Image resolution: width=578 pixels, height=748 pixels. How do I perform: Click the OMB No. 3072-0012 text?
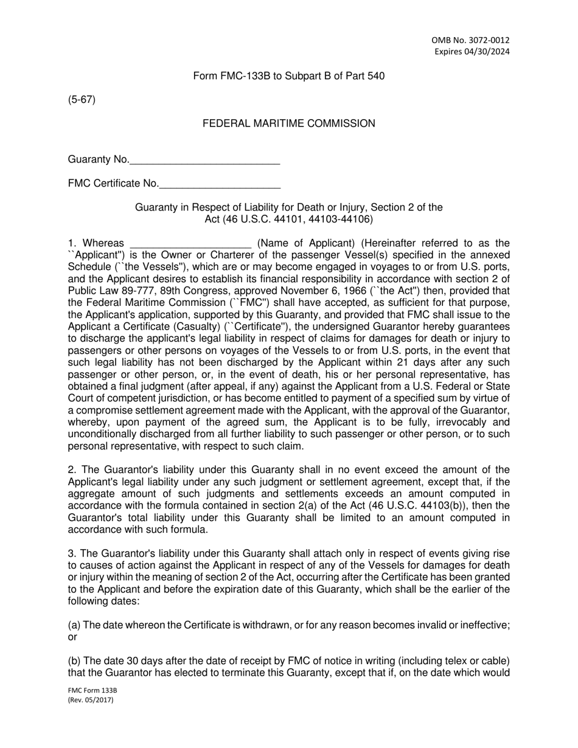471,40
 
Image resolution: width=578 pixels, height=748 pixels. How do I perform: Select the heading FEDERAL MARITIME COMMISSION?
288,123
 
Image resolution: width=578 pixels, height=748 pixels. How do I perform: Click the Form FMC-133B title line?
288,76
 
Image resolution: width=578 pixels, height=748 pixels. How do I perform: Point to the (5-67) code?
82,100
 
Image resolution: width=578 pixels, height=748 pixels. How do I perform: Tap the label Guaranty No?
98,159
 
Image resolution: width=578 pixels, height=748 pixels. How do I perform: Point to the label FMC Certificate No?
113,184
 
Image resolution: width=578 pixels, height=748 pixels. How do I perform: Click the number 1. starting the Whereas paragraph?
72,244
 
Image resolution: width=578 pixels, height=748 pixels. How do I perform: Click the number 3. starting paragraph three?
72,553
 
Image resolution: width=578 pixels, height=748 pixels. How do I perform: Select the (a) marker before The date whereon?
74,625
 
